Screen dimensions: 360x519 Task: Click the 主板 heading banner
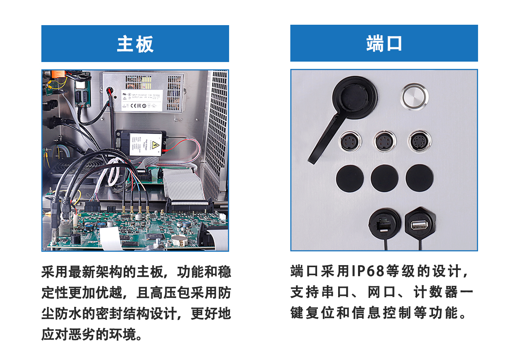point(135,43)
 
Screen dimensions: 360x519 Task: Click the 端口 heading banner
point(384,43)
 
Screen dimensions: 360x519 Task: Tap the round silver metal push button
point(415,96)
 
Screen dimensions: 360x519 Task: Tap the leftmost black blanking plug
point(350,178)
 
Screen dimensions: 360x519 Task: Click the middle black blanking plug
point(384,178)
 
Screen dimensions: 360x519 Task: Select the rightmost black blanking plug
point(419,178)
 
